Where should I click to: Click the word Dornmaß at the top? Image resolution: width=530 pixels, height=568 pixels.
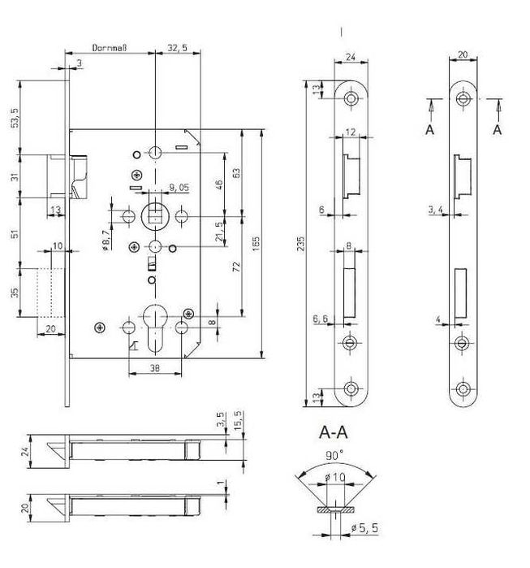coord(110,48)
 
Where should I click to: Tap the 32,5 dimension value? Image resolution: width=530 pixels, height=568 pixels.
coord(177,48)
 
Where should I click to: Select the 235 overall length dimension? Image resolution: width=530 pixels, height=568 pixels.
coord(300,244)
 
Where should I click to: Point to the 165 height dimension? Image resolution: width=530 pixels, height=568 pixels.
coord(256,244)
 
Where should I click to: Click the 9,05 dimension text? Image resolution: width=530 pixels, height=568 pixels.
coord(179,187)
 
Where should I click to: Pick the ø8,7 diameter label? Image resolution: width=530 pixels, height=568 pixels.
coord(106,241)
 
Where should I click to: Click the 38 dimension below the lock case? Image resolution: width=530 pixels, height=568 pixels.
coord(155,368)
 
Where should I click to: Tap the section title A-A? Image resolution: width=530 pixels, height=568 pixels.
coord(334,432)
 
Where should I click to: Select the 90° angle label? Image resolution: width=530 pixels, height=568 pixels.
coord(334,455)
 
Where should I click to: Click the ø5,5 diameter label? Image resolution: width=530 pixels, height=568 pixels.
coord(364,528)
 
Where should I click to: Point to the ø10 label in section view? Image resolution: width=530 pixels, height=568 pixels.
coord(334,478)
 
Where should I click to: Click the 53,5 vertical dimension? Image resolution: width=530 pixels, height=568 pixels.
coord(15,117)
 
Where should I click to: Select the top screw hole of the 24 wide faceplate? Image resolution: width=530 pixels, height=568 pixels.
coord(351,98)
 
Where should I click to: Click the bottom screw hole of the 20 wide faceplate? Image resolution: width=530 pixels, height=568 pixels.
coord(463,389)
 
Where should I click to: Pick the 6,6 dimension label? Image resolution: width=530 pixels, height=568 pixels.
coord(320,319)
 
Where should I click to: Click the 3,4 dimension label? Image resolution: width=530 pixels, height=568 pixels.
coord(435,210)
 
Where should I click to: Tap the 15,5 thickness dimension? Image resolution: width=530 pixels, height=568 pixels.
coord(238,420)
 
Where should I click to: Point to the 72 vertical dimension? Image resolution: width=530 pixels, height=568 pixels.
coord(236,267)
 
